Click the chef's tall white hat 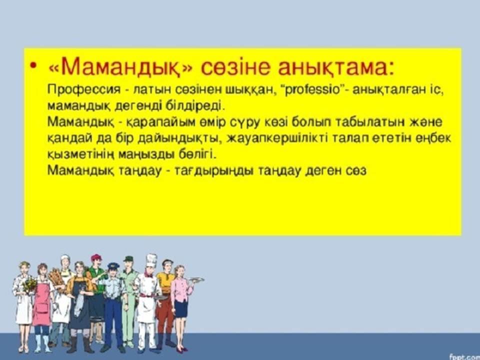point(151,261)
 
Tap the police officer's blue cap point(113,265)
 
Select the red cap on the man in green point(96,257)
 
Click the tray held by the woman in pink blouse point(196,279)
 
